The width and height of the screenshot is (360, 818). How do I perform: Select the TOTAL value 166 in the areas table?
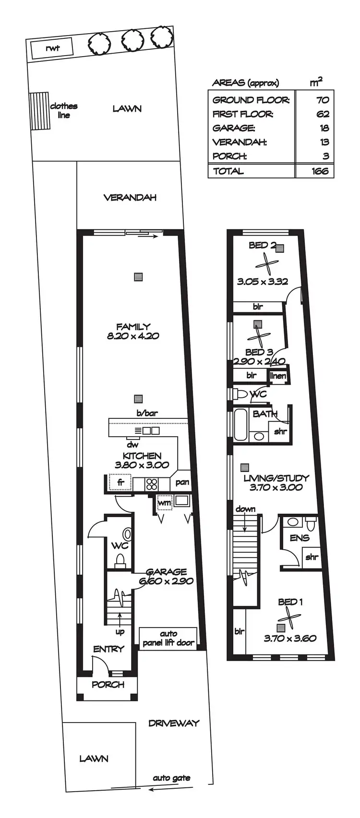319,171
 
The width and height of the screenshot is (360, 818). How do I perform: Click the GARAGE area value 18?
324,128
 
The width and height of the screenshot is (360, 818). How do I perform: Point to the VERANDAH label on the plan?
130,197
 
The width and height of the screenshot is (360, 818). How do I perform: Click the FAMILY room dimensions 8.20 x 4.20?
133,336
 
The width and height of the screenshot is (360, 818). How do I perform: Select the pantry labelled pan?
182,482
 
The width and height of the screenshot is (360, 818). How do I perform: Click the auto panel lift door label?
168,639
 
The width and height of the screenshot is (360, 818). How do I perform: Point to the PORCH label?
108,685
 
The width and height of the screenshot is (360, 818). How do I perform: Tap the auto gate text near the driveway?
171,778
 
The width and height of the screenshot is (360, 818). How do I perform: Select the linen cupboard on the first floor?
278,376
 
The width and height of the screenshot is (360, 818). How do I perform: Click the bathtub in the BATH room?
240,424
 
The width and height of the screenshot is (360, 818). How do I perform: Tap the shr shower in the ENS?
312,557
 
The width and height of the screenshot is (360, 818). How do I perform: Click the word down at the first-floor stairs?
245,509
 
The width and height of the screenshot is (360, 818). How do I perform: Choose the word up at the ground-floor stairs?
120,632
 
